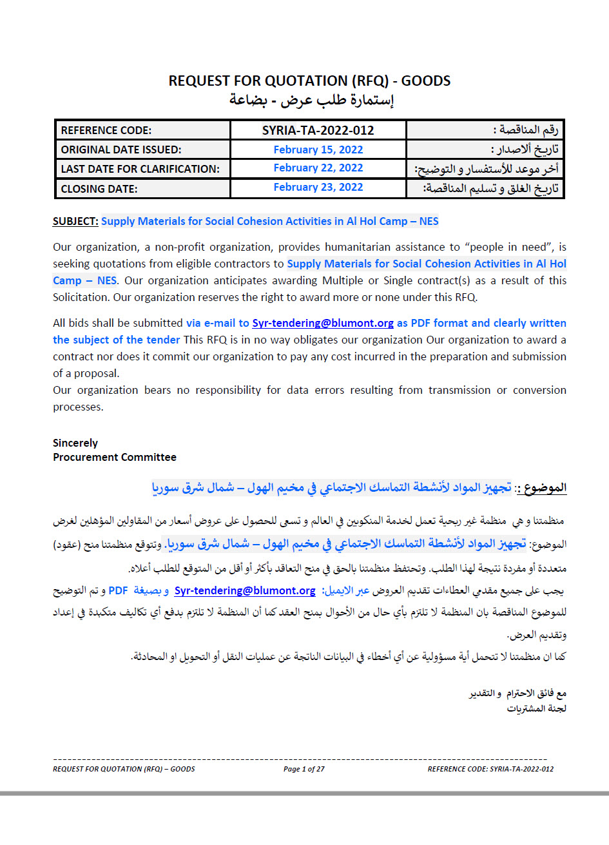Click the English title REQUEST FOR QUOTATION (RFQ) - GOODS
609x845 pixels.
[x=309, y=81]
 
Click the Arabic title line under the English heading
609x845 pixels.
[x=311, y=100]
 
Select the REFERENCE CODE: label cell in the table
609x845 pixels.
[x=106, y=130]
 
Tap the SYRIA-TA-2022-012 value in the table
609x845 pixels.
[x=318, y=130]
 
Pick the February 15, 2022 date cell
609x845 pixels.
[x=318, y=150]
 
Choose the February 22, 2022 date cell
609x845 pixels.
[x=318, y=168]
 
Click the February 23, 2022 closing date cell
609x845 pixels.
[x=318, y=188]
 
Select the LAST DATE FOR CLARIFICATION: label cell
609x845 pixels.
[x=140, y=169]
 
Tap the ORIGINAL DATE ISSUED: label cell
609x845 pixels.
[x=121, y=150]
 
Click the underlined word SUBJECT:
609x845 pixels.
[x=75, y=222]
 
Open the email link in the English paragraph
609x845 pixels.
[x=322, y=323]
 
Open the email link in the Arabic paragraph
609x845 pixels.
[x=245, y=590]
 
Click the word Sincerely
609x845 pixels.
[x=75, y=443]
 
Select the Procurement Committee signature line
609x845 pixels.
[x=115, y=457]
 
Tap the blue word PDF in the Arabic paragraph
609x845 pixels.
[x=118, y=590]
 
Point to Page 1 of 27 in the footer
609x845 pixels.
[x=304, y=769]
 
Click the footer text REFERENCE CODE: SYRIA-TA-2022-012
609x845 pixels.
[x=490, y=769]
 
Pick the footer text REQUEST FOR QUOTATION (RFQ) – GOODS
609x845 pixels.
[x=124, y=769]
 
